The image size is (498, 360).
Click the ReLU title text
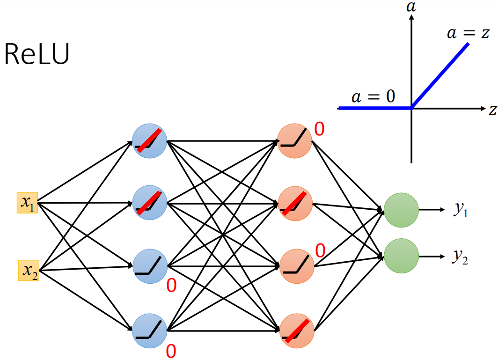(37, 55)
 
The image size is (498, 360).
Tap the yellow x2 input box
(29, 270)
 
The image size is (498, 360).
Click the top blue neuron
(149, 140)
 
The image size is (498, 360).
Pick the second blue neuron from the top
(149, 204)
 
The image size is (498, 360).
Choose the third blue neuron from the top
(149, 266)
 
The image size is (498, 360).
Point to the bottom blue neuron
(149, 331)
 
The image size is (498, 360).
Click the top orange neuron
(295, 140)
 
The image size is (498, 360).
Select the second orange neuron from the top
(295, 204)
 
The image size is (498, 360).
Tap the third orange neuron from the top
(295, 266)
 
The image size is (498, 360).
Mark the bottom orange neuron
(295, 331)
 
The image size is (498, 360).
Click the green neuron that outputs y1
(401, 210)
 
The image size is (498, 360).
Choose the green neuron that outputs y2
(401, 256)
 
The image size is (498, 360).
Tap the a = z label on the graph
(467, 33)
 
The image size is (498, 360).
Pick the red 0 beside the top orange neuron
(319, 129)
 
